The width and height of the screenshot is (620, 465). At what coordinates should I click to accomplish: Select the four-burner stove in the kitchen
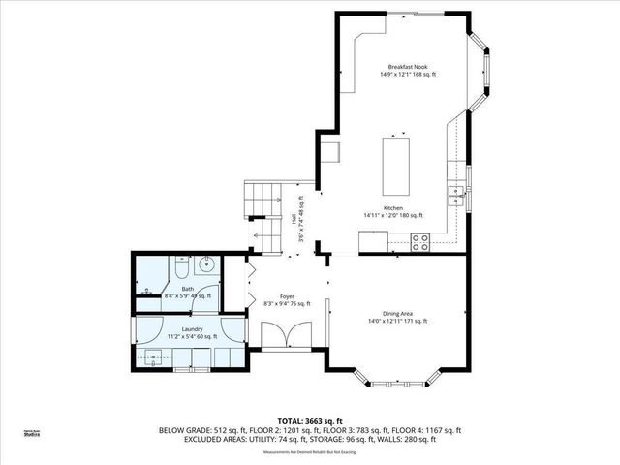click(x=420, y=242)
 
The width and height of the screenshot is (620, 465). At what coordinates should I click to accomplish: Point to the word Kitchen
click(x=392, y=208)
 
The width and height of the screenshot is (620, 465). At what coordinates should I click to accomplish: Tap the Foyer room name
click(x=287, y=297)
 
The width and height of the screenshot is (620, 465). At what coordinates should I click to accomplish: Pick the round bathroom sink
click(x=205, y=264)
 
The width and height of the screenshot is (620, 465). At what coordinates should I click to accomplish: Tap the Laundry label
click(x=179, y=329)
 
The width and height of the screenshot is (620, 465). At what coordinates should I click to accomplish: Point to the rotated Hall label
click(x=295, y=220)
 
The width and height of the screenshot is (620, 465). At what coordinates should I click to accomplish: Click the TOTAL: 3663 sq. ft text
click(x=310, y=421)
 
